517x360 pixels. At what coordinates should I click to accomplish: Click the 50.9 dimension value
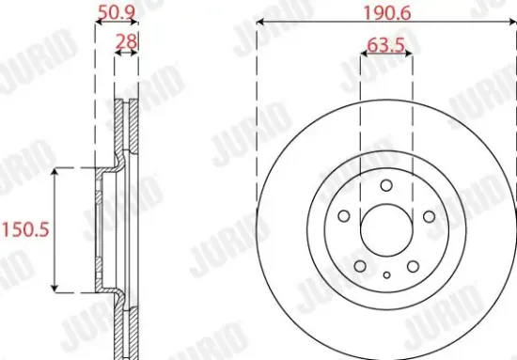[117, 13]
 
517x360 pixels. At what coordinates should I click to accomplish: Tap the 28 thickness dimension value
[125, 40]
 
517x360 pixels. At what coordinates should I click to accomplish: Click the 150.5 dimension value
[24, 229]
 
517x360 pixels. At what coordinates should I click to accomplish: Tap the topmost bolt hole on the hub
[385, 185]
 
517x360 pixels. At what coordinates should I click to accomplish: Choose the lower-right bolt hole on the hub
[413, 265]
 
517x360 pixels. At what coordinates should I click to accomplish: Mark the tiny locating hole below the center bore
[385, 274]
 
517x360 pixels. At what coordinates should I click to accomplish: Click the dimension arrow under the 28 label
[126, 54]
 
